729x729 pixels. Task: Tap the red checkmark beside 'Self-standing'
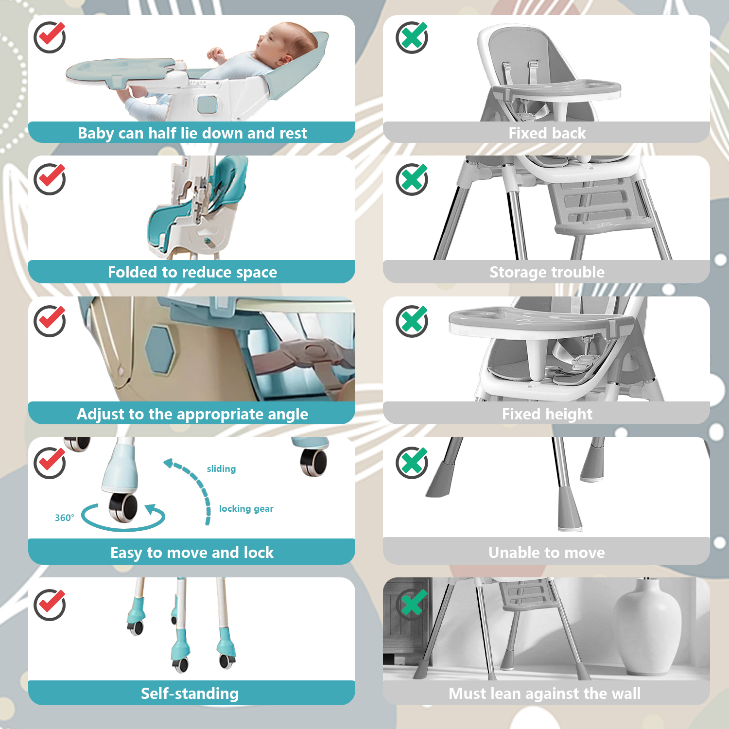coord(50,605)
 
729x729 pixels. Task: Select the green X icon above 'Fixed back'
coord(412,37)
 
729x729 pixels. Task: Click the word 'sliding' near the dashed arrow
coord(221,469)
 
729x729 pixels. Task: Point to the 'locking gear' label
coord(246,509)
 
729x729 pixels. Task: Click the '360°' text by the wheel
coord(65,518)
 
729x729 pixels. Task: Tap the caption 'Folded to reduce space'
coord(192,272)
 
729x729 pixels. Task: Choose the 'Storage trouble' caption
coord(547,272)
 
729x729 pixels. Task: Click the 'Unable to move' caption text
coord(547,553)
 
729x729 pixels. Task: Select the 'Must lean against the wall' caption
coord(545,694)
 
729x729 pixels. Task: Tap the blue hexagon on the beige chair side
coord(160,350)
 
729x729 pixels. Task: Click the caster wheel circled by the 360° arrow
coord(123,507)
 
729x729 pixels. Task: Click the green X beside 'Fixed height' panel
coord(412,321)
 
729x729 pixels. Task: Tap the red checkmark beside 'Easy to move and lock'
coord(50,463)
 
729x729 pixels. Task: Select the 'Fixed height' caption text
coord(547,414)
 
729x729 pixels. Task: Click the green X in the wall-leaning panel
coord(412,604)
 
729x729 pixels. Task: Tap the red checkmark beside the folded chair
coord(50,179)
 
